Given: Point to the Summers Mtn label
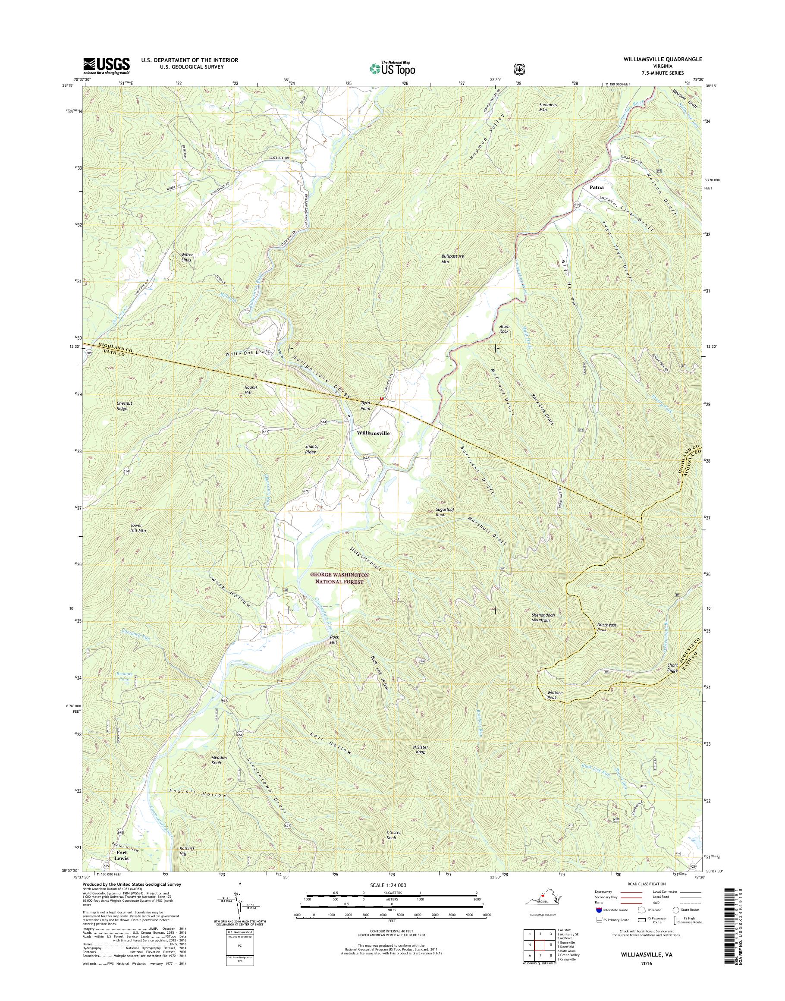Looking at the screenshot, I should point(548,107).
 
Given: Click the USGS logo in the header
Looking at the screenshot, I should point(106,66).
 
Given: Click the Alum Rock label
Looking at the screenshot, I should point(504,329).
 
